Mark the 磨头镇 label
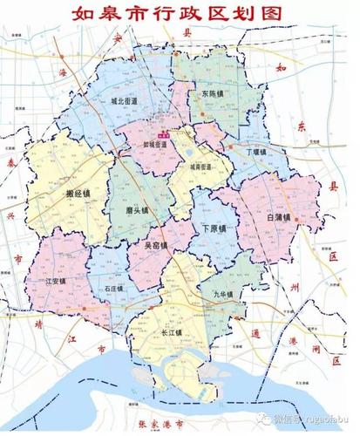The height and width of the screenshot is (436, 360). (138, 210)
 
